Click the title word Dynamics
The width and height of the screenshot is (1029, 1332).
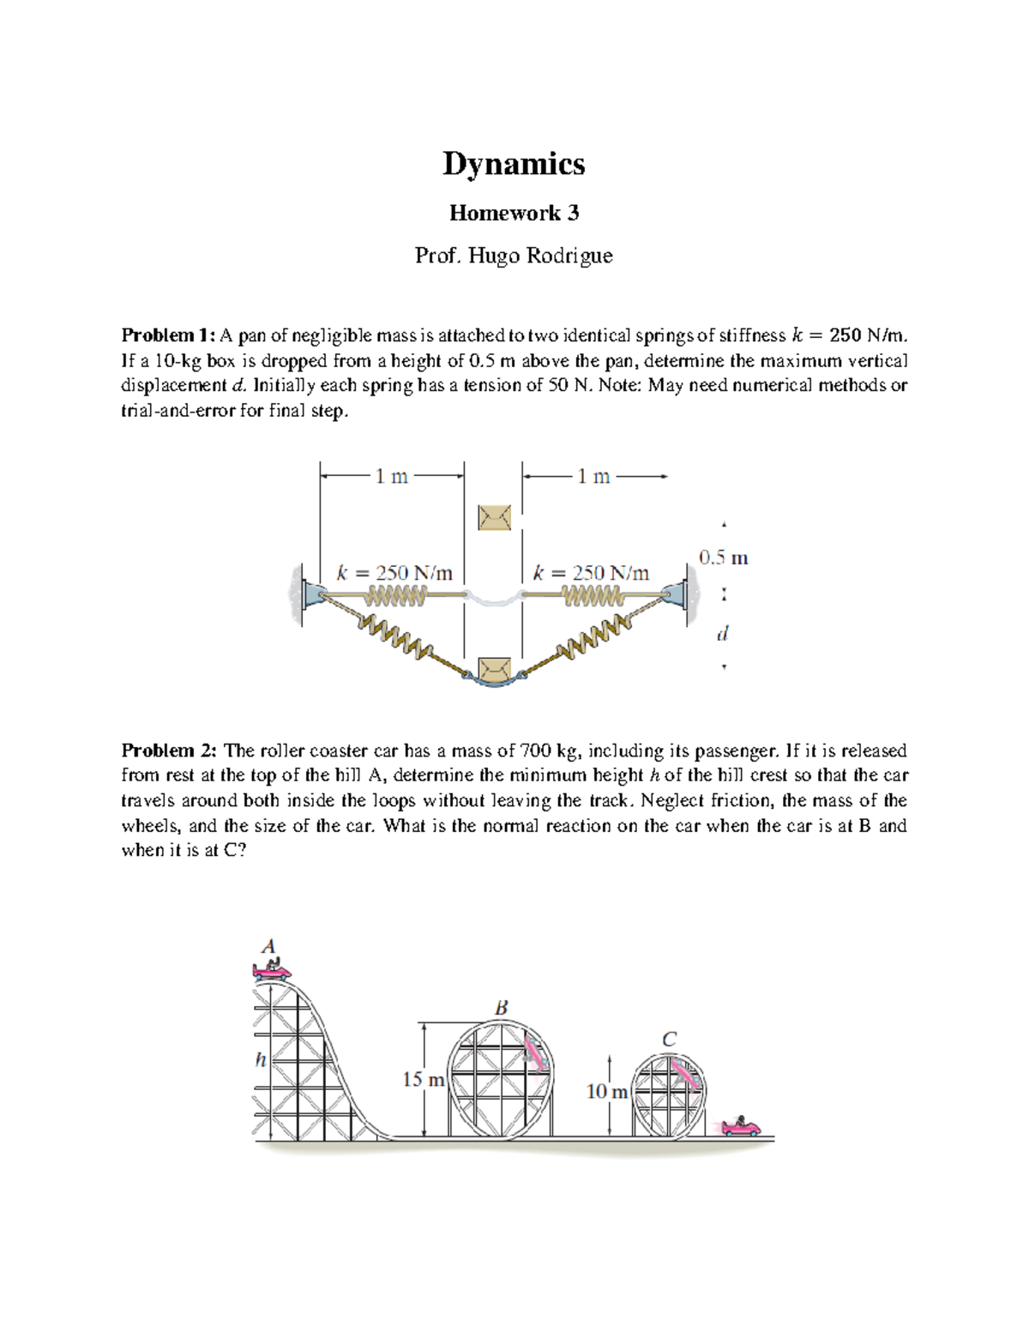514,164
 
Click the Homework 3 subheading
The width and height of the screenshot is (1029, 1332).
514,213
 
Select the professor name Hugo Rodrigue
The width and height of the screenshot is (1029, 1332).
539,256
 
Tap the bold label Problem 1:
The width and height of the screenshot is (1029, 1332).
169,335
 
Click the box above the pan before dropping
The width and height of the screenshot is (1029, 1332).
494,517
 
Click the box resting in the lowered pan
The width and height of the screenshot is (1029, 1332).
494,669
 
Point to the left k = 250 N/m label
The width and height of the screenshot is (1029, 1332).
394,573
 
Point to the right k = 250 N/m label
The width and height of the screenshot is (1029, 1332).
591,573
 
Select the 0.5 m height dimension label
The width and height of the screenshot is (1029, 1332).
723,558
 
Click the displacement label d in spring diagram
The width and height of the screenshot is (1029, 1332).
722,634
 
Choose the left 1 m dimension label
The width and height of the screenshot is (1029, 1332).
391,476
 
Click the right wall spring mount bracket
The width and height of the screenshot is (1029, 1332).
682,593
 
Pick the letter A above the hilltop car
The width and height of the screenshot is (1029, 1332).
268,947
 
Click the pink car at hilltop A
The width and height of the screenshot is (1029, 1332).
272,970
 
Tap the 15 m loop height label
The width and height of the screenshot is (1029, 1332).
423,1079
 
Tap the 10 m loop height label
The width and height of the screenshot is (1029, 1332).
606,1091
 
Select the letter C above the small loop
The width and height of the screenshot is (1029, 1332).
669,1040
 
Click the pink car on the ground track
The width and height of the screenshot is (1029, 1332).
741,1126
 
